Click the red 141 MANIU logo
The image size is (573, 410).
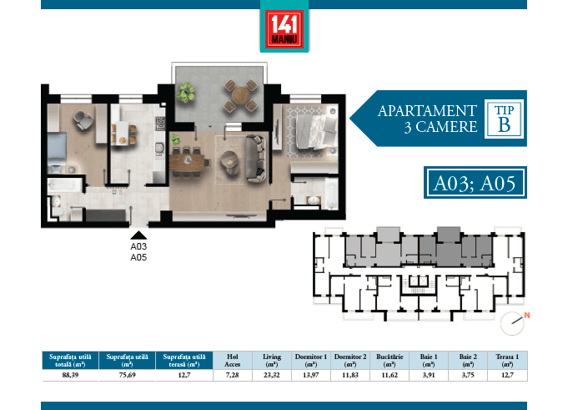[286, 29]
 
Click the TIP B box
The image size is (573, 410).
[504, 119]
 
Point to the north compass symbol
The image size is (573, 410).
[515, 318]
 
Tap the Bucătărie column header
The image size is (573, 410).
[389, 361]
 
